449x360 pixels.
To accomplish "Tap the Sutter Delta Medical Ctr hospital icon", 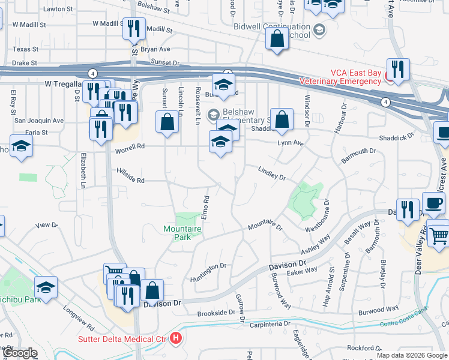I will tap(175, 338).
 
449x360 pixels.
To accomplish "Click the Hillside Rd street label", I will tap(130, 180).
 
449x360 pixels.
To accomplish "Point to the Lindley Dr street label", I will tap(272, 173).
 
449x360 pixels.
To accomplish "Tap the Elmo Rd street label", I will tap(205, 207).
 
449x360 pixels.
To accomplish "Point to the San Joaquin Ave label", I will tap(38, 121).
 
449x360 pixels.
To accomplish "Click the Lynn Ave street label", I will tap(291, 143).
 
